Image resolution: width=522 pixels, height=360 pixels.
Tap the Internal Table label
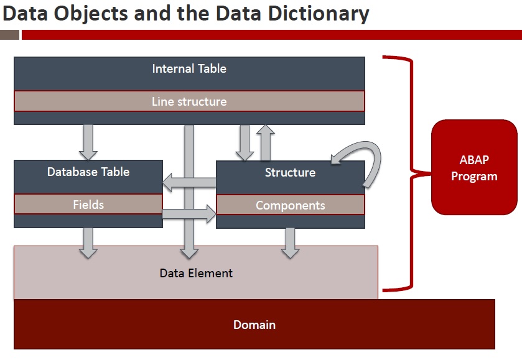pos(189,68)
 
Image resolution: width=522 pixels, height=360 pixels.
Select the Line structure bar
pos(189,101)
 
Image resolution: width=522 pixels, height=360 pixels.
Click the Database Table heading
pos(88,172)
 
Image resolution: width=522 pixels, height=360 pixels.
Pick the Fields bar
pos(88,204)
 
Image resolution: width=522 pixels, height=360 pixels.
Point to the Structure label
pos(290,172)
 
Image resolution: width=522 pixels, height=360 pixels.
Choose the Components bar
pos(290,205)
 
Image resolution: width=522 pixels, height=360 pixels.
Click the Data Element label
pos(196,273)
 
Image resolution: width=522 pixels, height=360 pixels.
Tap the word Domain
pos(254,325)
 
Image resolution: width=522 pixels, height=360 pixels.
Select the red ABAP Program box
pos(474,167)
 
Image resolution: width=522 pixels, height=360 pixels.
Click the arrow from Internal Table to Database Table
pos(88,142)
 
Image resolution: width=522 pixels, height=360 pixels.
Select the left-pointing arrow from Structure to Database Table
pos(189,183)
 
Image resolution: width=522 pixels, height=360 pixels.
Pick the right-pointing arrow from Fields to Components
pos(189,215)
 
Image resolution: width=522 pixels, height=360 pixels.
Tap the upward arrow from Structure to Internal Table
pos(266,142)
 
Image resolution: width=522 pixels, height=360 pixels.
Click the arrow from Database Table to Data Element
pos(88,242)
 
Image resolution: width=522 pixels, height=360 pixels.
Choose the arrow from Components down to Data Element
pos(290,242)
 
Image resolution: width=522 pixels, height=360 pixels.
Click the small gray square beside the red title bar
pos(9,35)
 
